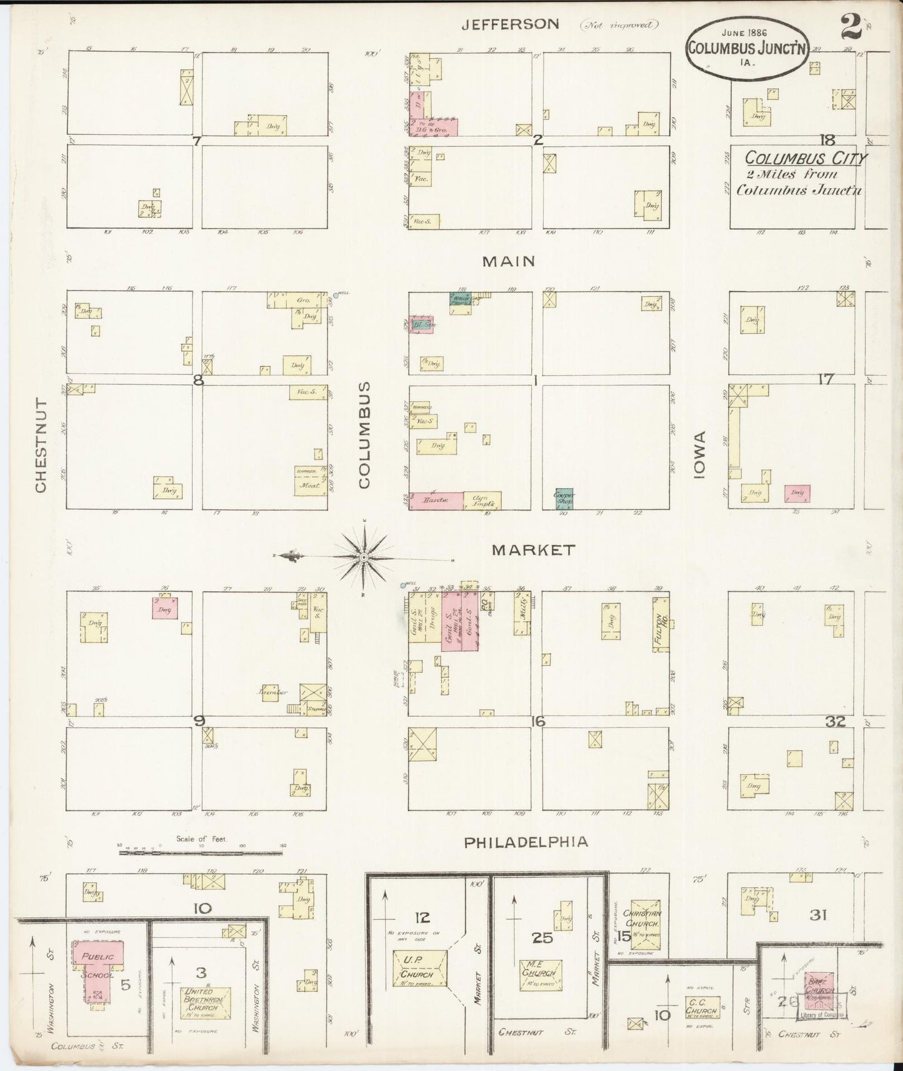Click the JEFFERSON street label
[510, 24]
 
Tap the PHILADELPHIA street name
[526, 842]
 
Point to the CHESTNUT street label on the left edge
[41, 445]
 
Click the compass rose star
[364, 555]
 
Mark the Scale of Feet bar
[201, 851]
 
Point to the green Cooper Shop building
[564, 498]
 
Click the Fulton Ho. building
[660, 624]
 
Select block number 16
[537, 722]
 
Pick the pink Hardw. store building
[436, 501]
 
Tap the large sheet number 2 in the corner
[849, 27]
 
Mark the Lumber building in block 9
[271, 692]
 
